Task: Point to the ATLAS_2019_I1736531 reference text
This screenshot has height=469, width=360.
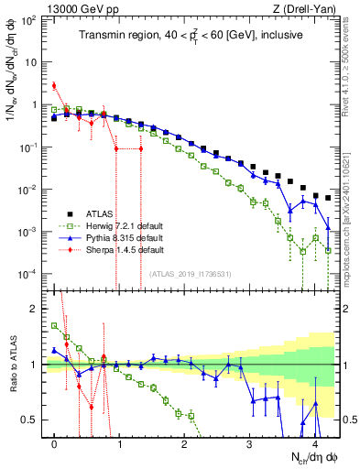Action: [189, 274]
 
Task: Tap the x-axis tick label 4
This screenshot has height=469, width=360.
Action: [315, 442]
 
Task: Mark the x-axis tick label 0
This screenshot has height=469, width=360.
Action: [55, 442]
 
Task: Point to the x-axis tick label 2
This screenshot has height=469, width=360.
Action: [185, 442]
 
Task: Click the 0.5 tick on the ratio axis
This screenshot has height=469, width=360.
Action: [35, 420]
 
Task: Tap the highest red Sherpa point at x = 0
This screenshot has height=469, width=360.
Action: [55, 86]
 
